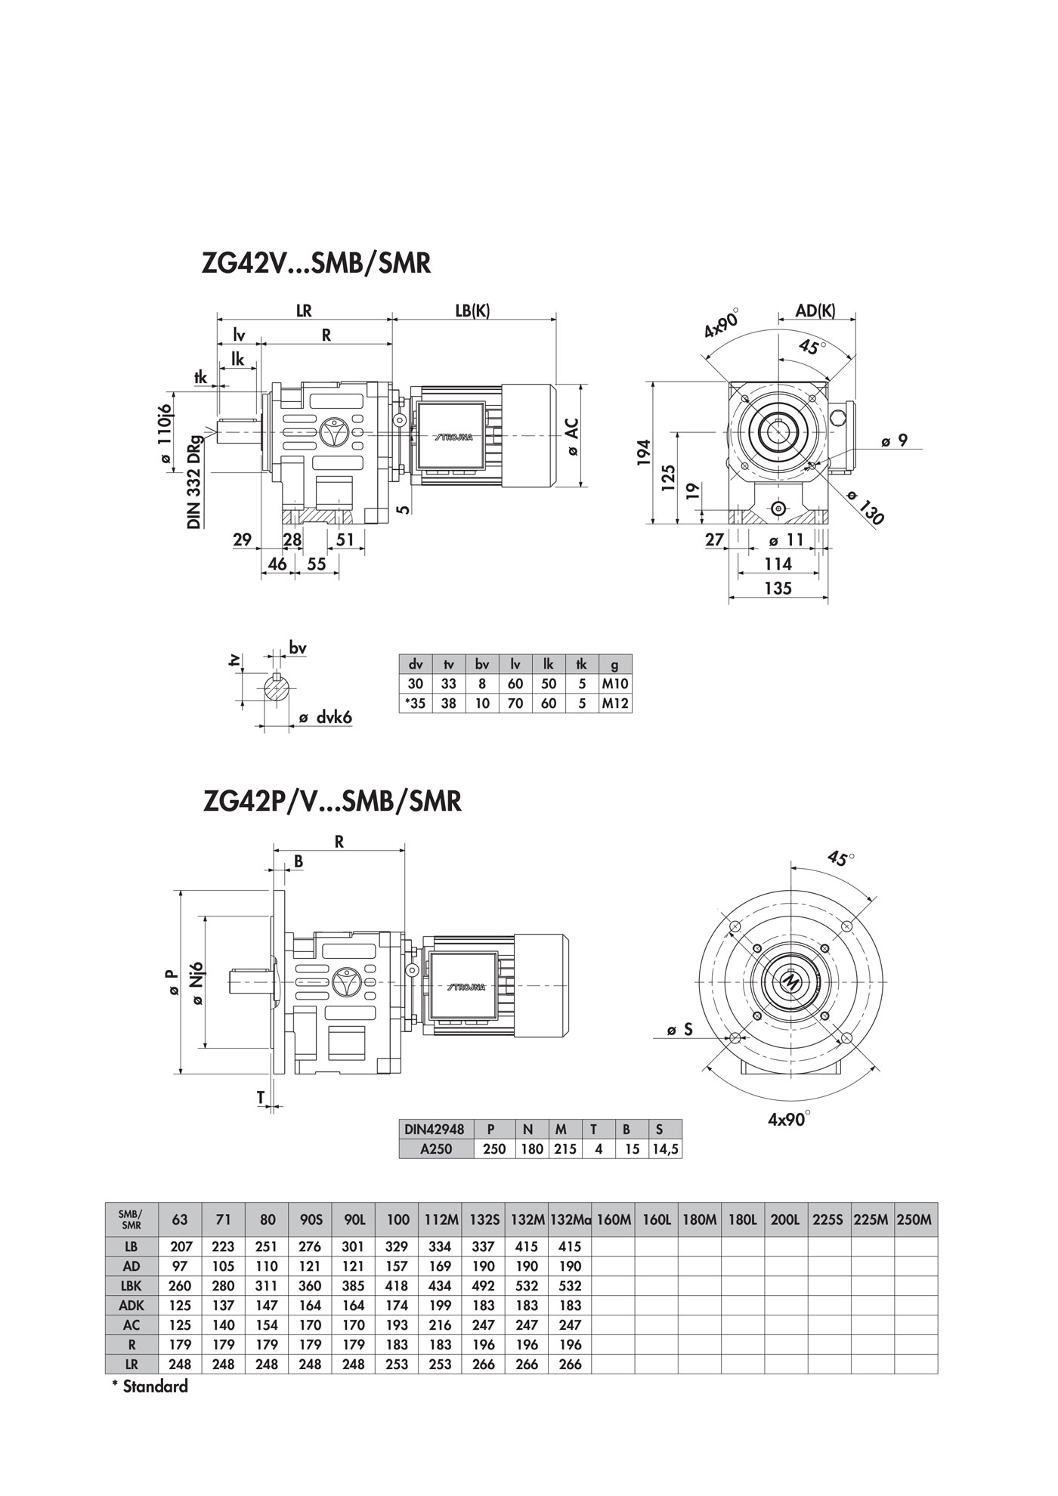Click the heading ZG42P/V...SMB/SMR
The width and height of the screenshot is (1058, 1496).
[x=332, y=801]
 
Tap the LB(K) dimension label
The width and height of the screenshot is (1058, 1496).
[x=473, y=311]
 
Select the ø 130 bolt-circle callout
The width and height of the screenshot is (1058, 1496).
[x=866, y=507]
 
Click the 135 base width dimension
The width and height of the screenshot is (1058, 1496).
[x=778, y=588]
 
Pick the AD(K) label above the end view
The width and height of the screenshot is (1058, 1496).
[x=816, y=311]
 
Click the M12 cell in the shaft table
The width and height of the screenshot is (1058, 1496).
[x=615, y=703]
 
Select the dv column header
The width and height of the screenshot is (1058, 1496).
[x=416, y=665]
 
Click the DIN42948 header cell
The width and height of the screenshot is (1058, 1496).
[x=435, y=1130]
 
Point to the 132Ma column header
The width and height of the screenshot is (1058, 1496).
[x=571, y=1219]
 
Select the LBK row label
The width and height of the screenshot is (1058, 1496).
[x=131, y=1286]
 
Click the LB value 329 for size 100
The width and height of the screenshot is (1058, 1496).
[x=397, y=1247]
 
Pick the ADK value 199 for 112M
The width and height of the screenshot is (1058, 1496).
[x=440, y=1306]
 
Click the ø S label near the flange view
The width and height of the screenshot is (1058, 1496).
[x=680, y=1029]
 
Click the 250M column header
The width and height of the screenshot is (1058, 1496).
[x=916, y=1219]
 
